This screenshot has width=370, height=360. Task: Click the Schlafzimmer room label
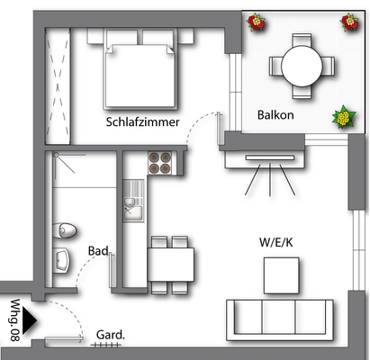pos(142,122)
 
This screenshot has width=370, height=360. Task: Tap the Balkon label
pos(275,116)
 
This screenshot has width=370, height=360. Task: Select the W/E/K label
pos(276,241)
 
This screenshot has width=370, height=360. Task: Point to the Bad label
pos(98,251)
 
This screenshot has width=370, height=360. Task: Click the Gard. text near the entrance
pos(110,334)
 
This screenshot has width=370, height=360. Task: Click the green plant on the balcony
pos(342,116)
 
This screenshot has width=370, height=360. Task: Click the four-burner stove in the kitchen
pos(159,163)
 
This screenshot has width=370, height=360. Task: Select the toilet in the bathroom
pos(62,229)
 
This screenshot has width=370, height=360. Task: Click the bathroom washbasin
pos(61,261)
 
